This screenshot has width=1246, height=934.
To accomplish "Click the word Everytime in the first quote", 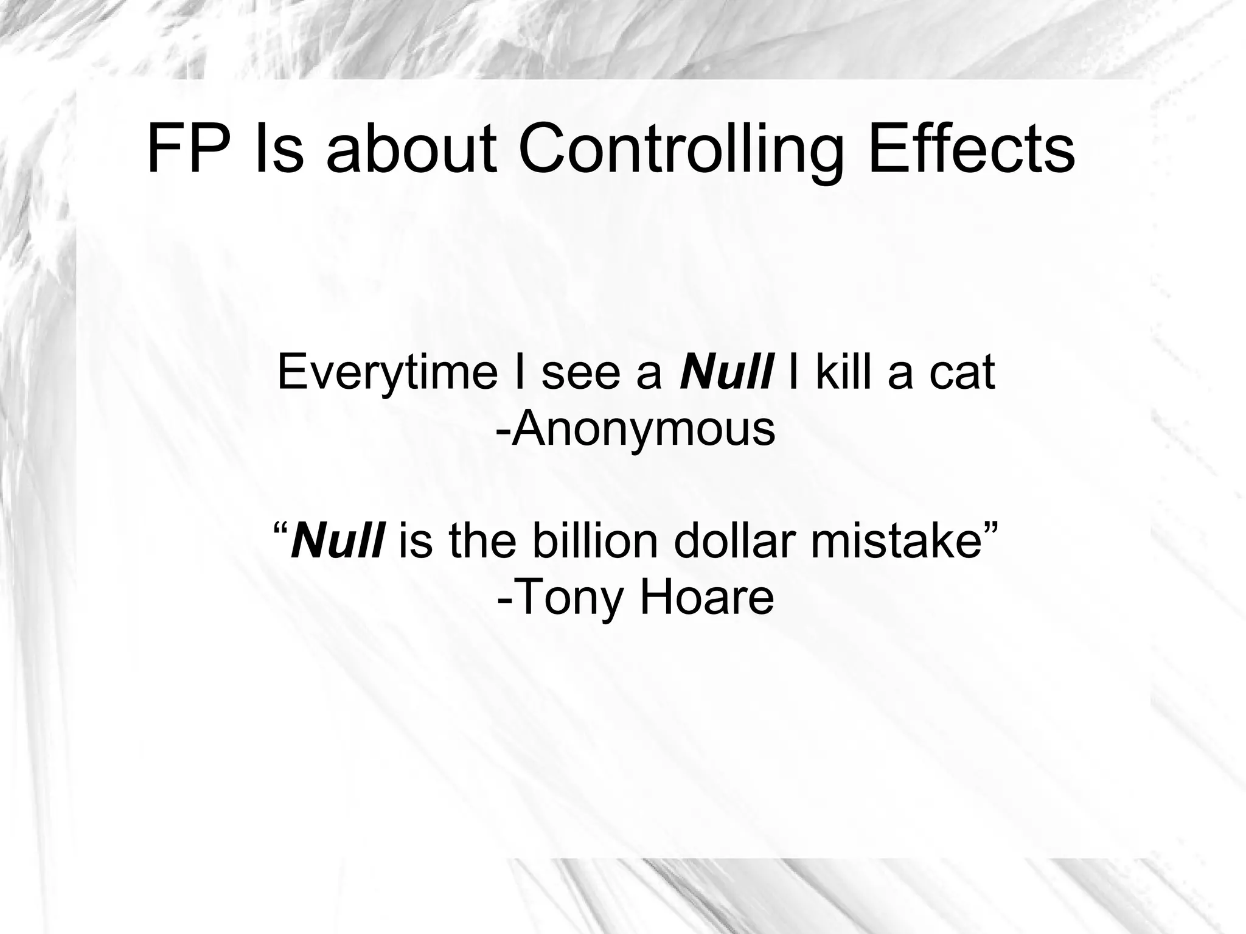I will [x=387, y=372].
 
